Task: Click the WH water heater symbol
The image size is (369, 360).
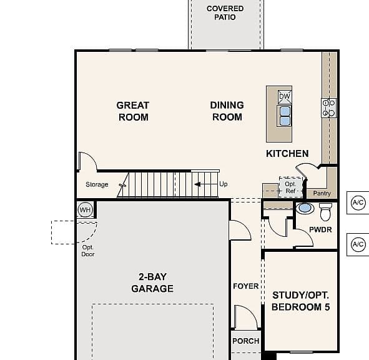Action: click(x=85, y=209)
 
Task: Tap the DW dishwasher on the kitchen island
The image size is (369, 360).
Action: click(x=285, y=97)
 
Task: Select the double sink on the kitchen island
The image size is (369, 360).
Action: click(x=285, y=116)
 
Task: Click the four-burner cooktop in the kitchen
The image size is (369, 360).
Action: click(x=329, y=108)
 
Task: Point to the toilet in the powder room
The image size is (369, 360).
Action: click(x=325, y=212)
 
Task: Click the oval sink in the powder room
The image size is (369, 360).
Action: click(x=305, y=208)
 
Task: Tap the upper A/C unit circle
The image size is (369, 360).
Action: click(x=358, y=202)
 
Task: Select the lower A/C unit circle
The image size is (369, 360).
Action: click(x=358, y=244)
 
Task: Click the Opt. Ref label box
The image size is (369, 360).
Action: click(x=290, y=187)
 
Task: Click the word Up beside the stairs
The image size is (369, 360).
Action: click(x=224, y=184)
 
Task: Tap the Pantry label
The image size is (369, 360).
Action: click(x=322, y=193)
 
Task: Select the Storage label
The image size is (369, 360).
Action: click(x=97, y=184)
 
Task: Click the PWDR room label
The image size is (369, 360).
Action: click(x=320, y=230)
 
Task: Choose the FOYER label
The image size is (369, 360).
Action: click(x=246, y=286)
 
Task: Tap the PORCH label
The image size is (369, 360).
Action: click(x=246, y=341)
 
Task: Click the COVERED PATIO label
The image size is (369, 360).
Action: click(x=225, y=12)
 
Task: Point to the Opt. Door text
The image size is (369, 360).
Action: click(x=88, y=251)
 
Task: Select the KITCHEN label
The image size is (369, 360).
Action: click(x=287, y=154)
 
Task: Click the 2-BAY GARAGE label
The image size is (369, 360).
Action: click(x=152, y=282)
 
